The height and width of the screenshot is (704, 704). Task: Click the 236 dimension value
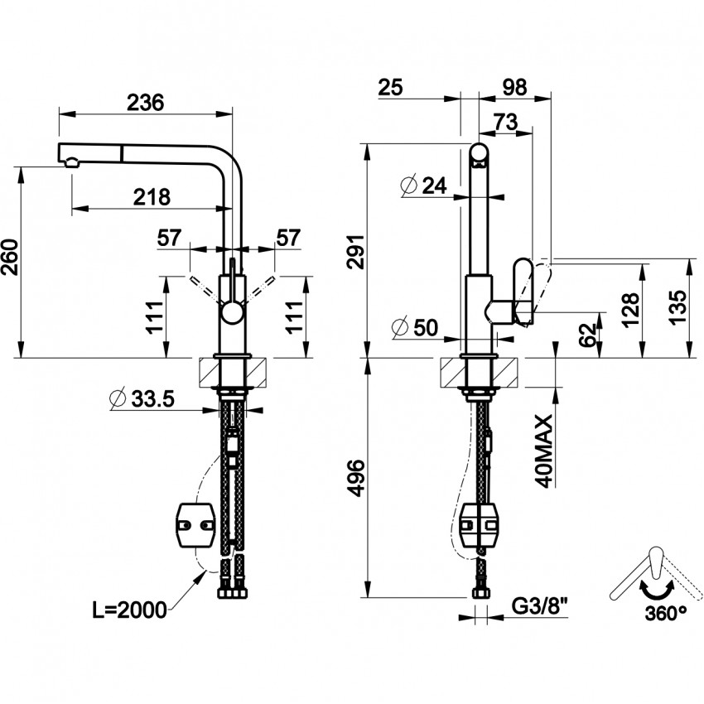pos(146,102)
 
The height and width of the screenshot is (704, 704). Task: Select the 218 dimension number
pos(152,197)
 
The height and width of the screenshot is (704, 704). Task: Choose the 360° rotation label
pos(663,614)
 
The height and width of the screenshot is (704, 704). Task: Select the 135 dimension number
pos(678,308)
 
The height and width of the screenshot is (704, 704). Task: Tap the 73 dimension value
pos(505,121)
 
